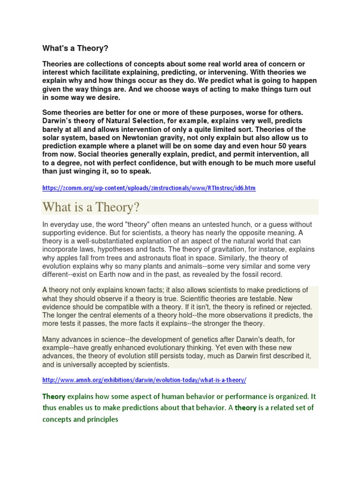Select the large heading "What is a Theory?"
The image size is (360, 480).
91,207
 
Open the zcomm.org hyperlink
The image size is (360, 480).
149,188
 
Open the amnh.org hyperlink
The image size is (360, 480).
144,380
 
